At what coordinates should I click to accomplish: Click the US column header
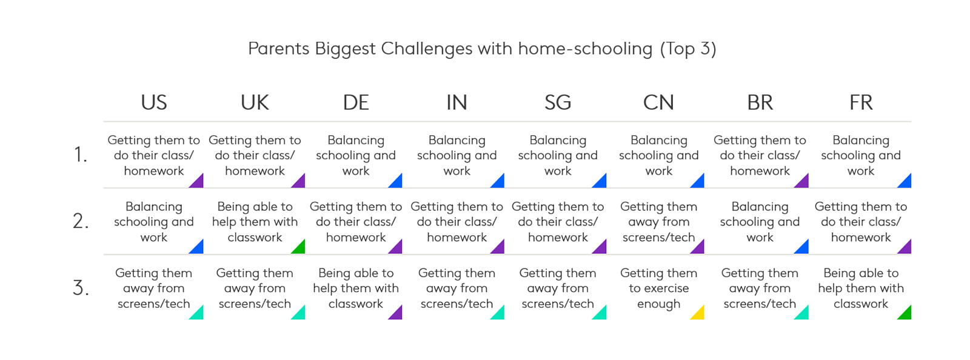(x=154, y=102)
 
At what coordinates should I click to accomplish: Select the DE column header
(x=356, y=102)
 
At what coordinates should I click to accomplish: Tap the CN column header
(x=658, y=102)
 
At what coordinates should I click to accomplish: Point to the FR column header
(x=861, y=102)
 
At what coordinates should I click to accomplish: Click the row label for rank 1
(x=81, y=155)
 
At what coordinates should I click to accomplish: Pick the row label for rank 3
(x=81, y=288)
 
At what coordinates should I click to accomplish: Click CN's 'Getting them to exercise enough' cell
(x=658, y=288)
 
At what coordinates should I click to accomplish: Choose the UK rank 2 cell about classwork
(x=255, y=222)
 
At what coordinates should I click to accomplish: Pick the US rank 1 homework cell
(x=154, y=155)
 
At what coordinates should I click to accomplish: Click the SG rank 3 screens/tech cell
(x=558, y=288)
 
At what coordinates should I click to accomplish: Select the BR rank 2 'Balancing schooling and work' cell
(x=760, y=222)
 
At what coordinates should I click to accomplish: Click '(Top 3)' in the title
(x=688, y=49)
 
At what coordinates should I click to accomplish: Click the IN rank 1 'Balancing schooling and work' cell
(x=457, y=155)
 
